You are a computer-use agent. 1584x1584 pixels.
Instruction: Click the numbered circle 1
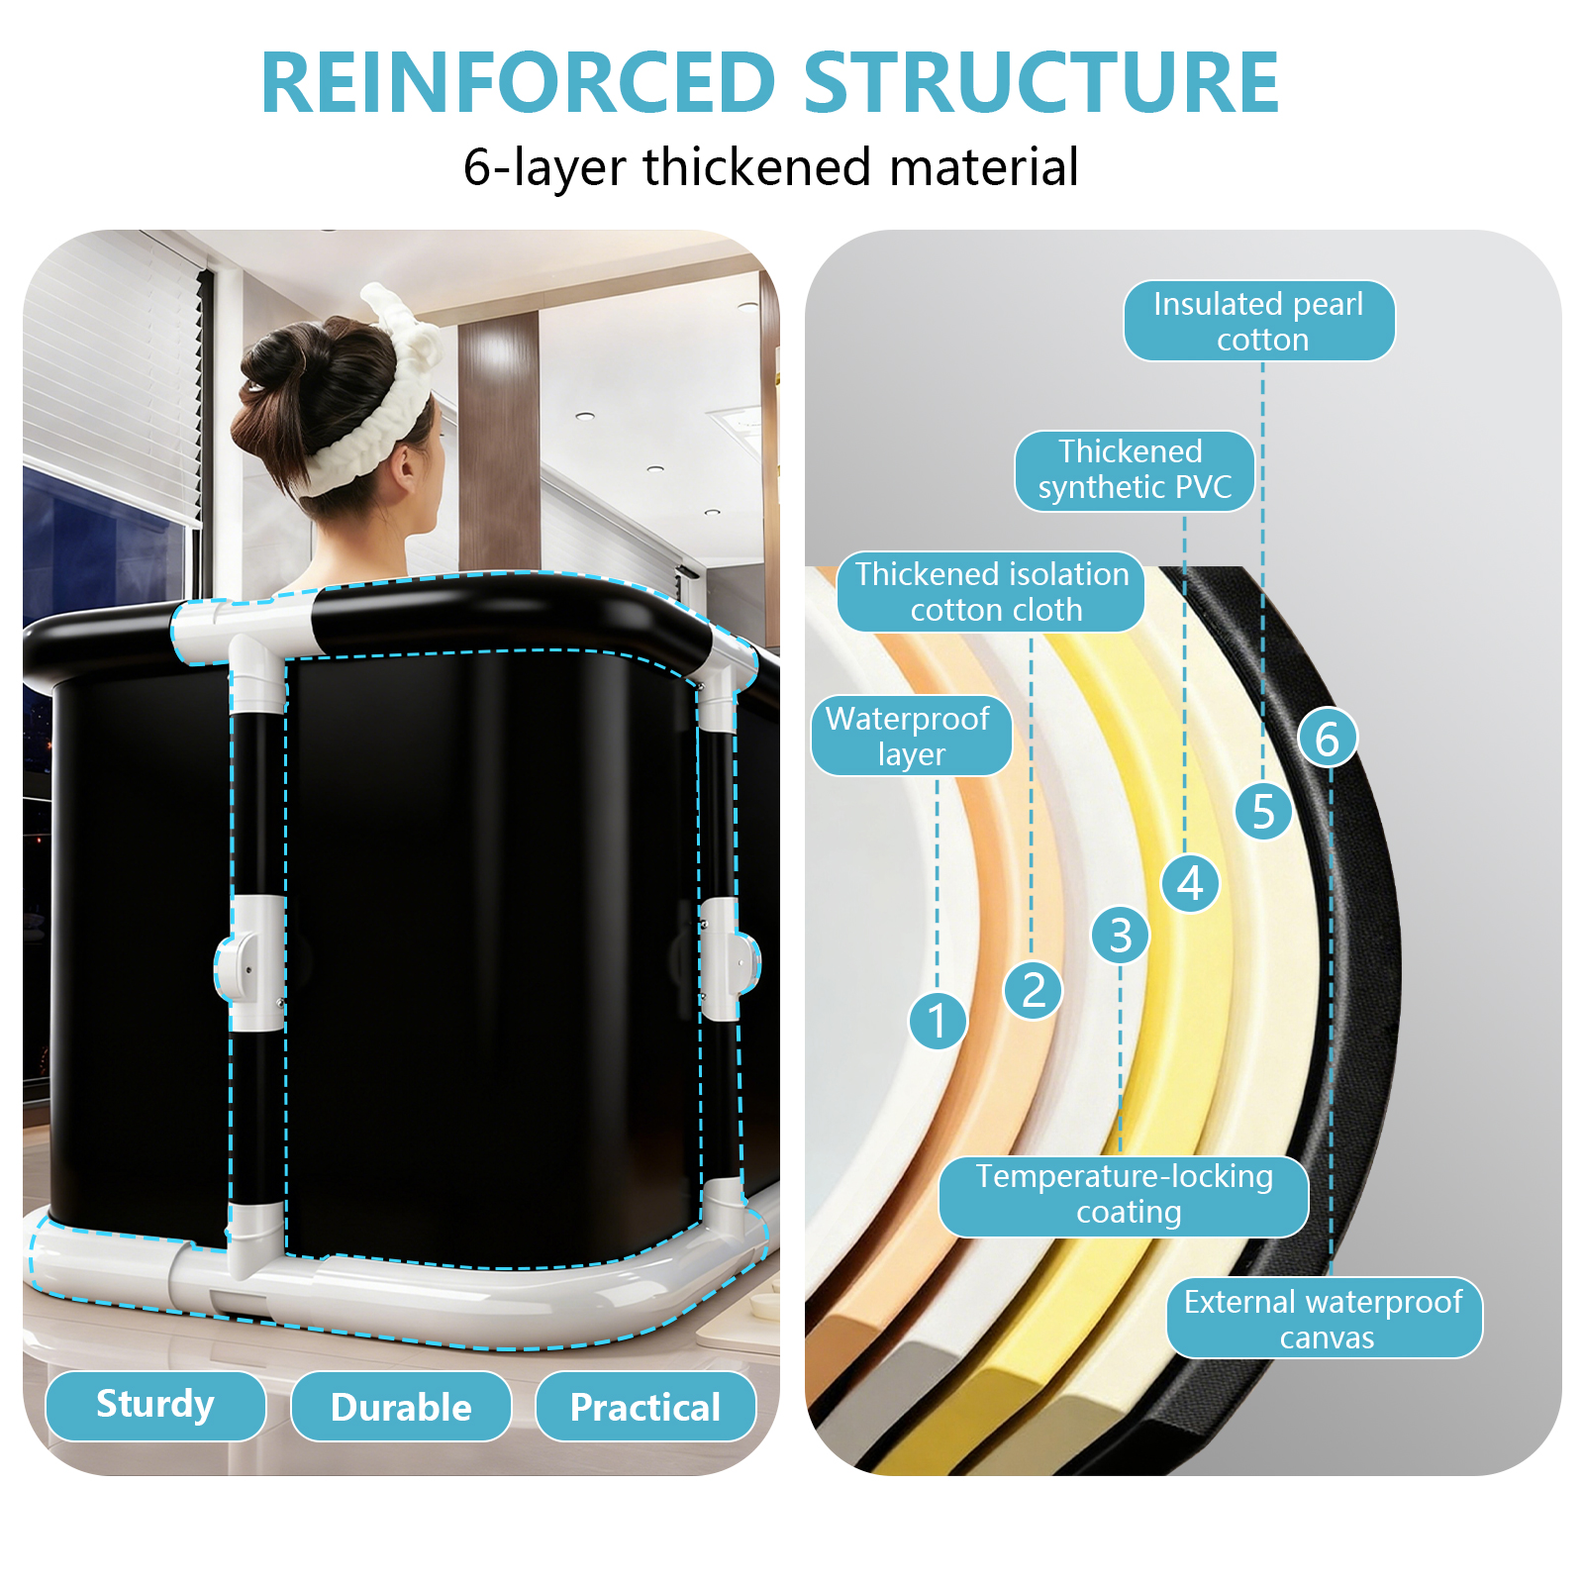[937, 1020]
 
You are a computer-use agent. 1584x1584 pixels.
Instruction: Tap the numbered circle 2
[1033, 989]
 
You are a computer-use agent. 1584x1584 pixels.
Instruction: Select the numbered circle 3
[1120, 935]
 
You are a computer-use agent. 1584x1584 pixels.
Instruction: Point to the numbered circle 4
[1190, 883]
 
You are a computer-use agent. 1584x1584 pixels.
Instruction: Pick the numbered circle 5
[1263, 811]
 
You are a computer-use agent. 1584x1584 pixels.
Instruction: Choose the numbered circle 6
[1327, 738]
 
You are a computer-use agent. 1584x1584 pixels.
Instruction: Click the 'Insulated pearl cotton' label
[1259, 321]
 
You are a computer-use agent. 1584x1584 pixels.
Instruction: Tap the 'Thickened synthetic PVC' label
[1135, 470]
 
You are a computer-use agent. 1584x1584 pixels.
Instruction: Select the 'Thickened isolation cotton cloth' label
[991, 592]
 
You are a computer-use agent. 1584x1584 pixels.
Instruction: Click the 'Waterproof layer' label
[911, 736]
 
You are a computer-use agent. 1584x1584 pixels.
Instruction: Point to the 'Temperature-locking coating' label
[1124, 1195]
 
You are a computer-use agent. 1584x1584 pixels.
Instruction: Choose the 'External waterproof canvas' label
[1324, 1318]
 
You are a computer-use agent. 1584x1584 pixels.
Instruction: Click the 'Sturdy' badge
[155, 1405]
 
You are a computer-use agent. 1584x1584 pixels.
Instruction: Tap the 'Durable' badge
[401, 1407]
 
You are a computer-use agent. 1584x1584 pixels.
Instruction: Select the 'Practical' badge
[645, 1407]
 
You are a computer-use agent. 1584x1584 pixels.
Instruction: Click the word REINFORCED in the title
[518, 83]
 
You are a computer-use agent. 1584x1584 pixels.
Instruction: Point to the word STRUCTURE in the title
[1040, 83]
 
